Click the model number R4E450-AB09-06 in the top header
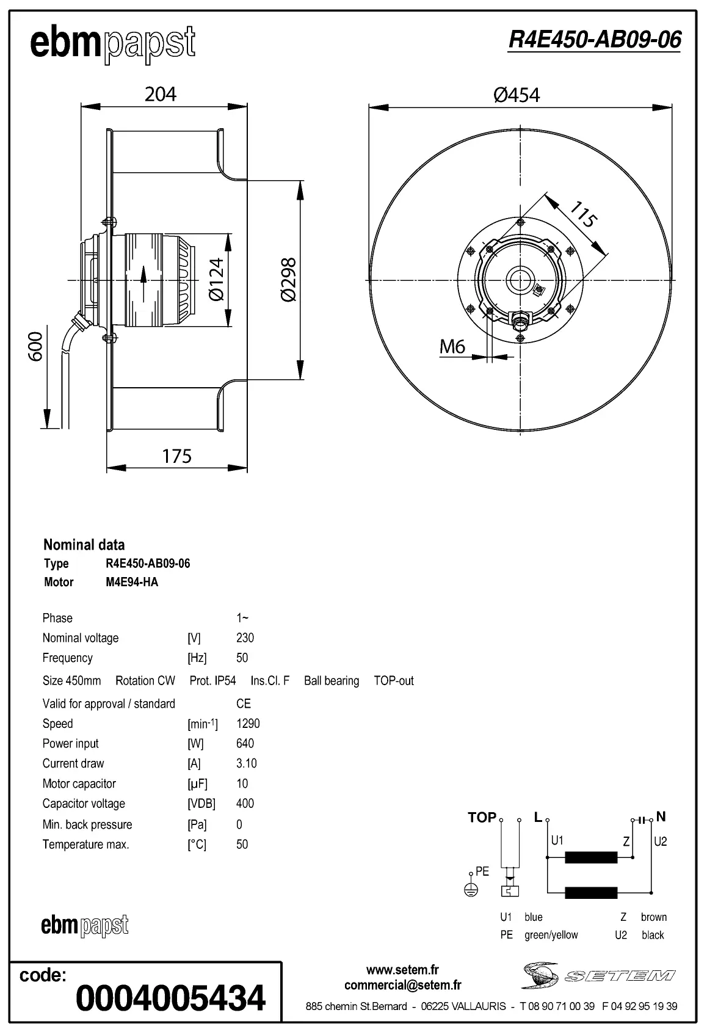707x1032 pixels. [x=594, y=40]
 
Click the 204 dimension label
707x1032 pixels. [x=161, y=94]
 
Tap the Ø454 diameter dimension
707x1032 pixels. [x=517, y=95]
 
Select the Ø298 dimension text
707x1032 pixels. [x=288, y=280]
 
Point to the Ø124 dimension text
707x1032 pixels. [x=217, y=279]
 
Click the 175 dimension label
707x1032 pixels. [x=176, y=456]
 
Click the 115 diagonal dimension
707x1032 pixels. [x=583, y=215]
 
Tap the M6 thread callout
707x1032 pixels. [x=452, y=347]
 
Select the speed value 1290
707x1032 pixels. [x=248, y=724]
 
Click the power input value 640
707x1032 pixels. [x=245, y=743]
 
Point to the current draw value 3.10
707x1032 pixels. [x=246, y=763]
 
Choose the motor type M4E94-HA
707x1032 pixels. [x=132, y=582]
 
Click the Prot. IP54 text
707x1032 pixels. [x=212, y=680]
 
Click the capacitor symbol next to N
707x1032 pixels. [x=642, y=820]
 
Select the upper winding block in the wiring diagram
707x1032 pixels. [x=591, y=857]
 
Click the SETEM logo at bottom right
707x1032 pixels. [x=598, y=975]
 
